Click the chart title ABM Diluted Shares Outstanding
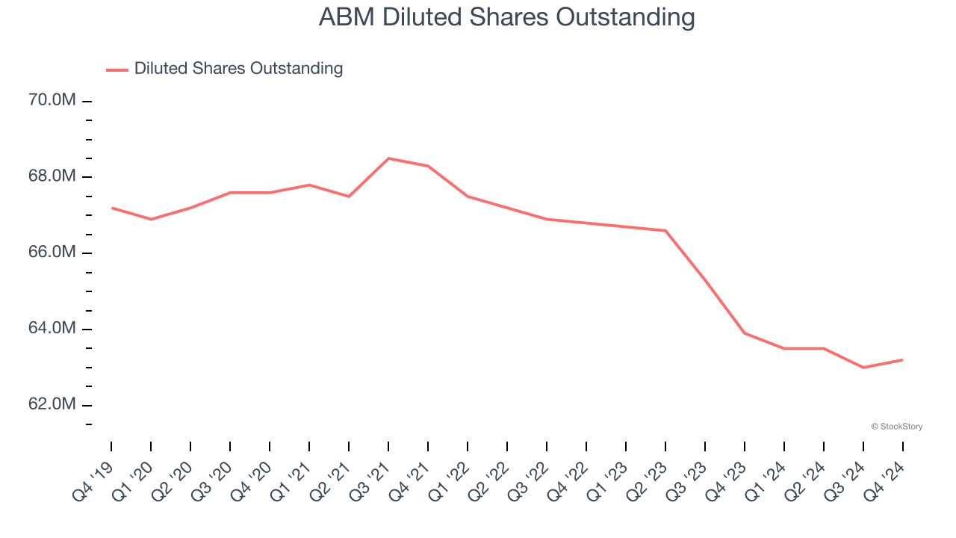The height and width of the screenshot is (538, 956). [x=506, y=17]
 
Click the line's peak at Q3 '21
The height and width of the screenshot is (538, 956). [x=388, y=158]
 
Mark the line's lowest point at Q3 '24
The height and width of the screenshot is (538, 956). [x=863, y=368]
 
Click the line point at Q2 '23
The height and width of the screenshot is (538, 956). [x=665, y=231]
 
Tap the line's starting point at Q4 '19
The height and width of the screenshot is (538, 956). [x=111, y=208]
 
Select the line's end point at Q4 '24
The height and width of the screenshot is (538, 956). [x=903, y=360]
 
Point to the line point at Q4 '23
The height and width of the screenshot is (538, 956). [x=745, y=333]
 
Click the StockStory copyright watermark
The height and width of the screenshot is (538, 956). [x=896, y=427]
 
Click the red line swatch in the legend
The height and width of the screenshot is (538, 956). [x=117, y=69]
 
